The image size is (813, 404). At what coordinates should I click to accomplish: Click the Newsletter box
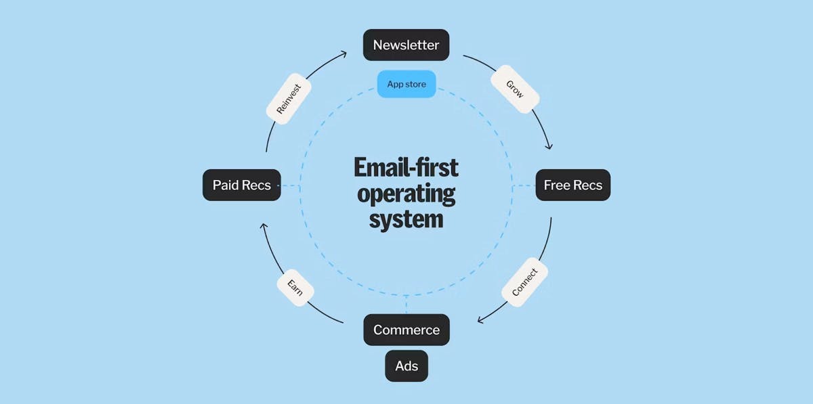406,45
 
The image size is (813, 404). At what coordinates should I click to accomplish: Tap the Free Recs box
573,185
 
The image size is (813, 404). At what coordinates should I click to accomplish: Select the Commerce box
406,330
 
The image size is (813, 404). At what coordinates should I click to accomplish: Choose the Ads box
406,366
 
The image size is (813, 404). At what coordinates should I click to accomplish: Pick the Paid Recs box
242,185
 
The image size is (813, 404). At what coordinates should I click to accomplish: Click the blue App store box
406,84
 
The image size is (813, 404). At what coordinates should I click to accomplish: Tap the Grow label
515,89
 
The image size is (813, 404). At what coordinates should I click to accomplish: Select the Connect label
524,282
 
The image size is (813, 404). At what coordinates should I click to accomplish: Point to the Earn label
295,288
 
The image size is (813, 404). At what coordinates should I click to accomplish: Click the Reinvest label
289,99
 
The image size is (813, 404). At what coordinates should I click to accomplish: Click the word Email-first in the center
406,168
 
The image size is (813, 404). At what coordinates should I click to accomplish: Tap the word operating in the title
406,194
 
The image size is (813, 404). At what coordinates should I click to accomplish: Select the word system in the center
406,219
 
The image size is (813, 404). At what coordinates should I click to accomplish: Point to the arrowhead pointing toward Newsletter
343,54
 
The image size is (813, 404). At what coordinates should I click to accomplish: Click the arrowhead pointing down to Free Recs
549,146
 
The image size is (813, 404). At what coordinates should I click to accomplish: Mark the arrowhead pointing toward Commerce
480,320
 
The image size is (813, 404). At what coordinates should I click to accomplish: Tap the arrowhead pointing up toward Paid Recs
264,226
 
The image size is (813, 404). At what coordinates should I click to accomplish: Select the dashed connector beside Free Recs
524,185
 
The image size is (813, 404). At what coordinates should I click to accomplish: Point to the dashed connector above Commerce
406,305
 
